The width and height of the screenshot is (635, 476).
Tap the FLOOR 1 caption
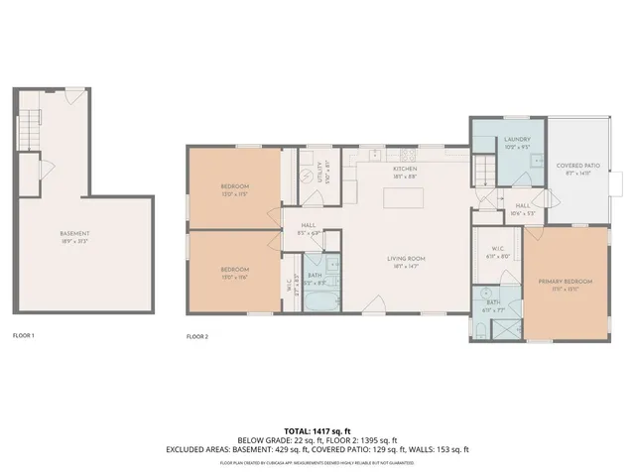tap(23, 336)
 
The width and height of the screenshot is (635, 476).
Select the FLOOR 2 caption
tap(197, 336)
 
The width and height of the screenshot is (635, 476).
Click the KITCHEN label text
tap(405, 170)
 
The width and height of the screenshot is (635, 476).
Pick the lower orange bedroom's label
tap(235, 270)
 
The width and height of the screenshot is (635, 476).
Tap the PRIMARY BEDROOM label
tap(566, 283)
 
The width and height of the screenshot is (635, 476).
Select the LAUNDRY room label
tap(517, 140)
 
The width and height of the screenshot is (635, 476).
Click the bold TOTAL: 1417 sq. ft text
tap(317, 430)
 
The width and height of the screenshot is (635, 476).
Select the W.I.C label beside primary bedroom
tap(499, 253)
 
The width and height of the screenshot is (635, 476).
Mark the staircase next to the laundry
tap(483, 173)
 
